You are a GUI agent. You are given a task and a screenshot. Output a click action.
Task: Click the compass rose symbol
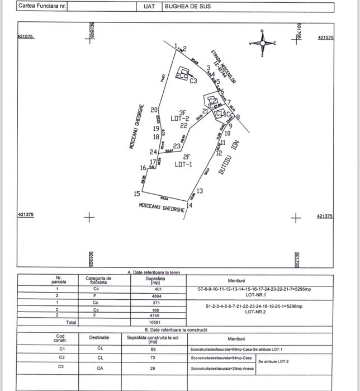click(x=263, y=44)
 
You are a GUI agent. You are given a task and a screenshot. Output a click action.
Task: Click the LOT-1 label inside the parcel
click(x=183, y=164)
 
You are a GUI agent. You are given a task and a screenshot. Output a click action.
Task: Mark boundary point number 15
click(x=137, y=194)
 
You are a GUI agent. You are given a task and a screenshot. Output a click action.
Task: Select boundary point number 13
click(x=200, y=191)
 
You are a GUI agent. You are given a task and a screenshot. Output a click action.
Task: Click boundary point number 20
click(x=154, y=110)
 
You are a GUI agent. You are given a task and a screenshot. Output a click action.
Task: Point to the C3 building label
click(x=193, y=81)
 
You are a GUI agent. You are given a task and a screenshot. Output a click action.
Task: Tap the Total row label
click(x=71, y=322)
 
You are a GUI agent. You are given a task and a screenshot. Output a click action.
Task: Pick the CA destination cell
click(x=98, y=366)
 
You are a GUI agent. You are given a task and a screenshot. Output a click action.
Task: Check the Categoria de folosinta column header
click(x=98, y=280)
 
